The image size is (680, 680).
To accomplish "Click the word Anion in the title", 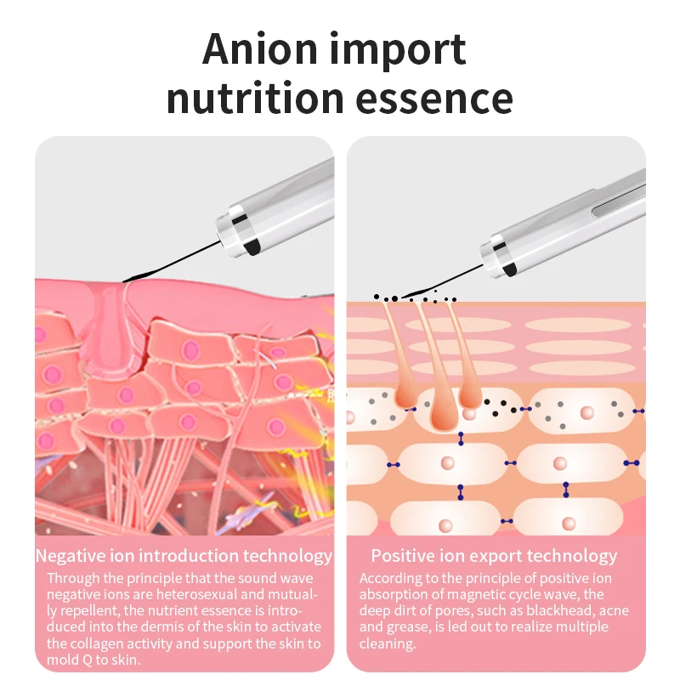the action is click(x=260, y=49).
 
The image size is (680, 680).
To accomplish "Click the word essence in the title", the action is click(x=434, y=98).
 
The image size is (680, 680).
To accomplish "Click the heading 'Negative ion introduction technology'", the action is click(x=184, y=556).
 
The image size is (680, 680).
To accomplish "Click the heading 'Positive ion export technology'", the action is click(x=494, y=556).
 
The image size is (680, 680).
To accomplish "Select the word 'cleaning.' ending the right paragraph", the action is click(x=388, y=643).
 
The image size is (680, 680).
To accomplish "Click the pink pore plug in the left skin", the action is click(x=109, y=330).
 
